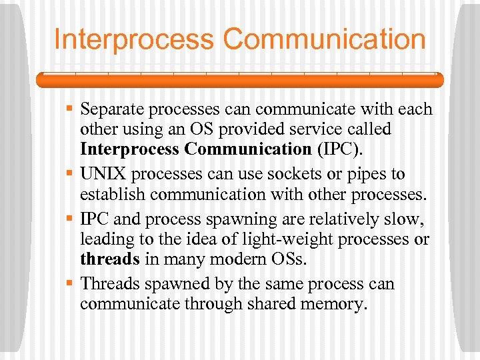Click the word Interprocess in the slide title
pos(134,39)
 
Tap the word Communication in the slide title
pos(325,39)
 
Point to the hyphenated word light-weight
pos(260,240)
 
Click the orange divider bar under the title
pos(240,80)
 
